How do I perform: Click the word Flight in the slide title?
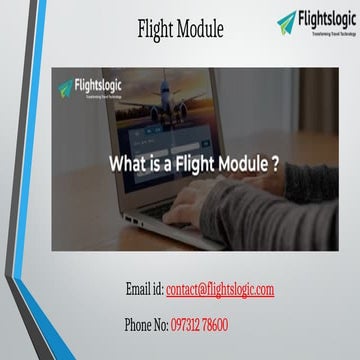click(158, 30)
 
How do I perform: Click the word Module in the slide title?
click(200, 30)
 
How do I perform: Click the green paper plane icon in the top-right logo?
click(287, 20)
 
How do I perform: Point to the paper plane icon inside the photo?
click(66, 88)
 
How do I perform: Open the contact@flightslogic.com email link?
click(220, 290)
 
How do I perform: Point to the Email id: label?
click(144, 290)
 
